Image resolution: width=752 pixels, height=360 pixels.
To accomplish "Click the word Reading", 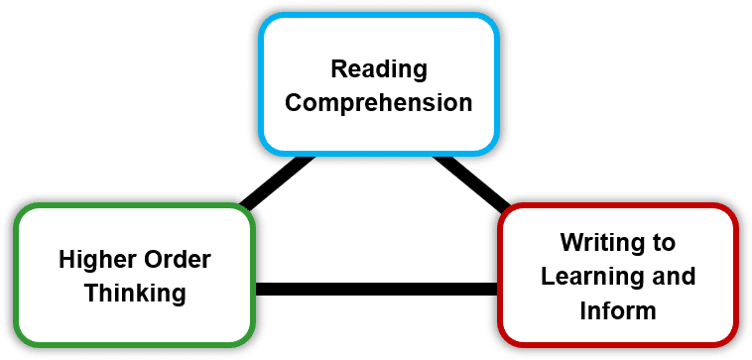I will pos(378,69).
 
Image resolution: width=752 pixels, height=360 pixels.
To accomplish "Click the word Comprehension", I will pos(378,101).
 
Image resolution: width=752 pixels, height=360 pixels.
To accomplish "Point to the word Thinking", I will pos(135,293).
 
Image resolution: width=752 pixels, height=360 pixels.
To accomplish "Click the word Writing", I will pos(593,243).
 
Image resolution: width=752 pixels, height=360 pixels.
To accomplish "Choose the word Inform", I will pos(617,309).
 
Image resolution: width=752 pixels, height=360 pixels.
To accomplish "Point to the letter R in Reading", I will pos(337,69).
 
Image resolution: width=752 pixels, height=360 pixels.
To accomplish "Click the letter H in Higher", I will pos(66,260).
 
